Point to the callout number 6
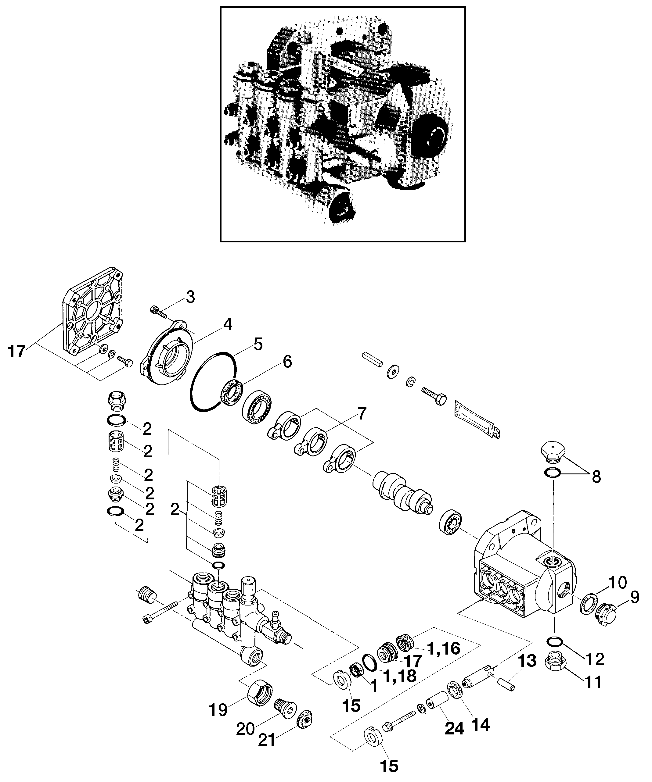click(287, 362)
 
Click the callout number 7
click(362, 414)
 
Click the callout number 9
click(635, 598)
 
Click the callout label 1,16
click(444, 648)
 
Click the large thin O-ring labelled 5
click(212, 382)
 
